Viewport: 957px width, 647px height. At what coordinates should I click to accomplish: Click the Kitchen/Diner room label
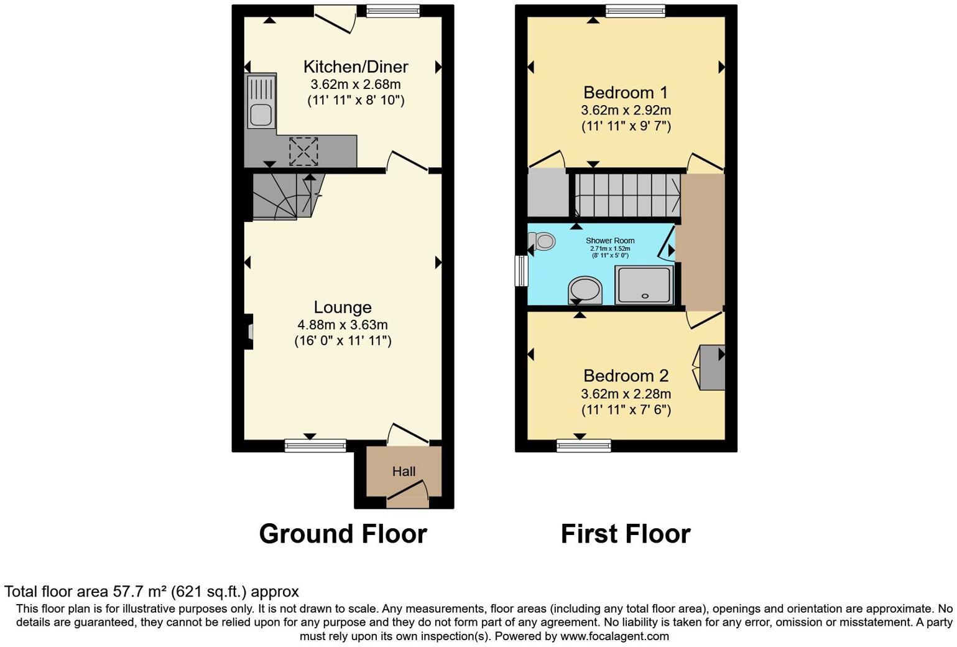[x=355, y=67]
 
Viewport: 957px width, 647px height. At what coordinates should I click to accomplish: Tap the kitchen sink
[x=261, y=114]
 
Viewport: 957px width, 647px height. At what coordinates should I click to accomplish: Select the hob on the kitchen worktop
[x=303, y=151]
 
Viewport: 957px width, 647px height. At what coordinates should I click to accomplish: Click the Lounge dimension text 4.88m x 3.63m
[x=342, y=325]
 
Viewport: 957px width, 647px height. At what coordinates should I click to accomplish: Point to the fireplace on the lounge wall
[x=249, y=332]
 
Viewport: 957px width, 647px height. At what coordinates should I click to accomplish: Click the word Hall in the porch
[x=404, y=472]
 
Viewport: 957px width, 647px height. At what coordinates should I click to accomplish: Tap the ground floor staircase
[x=281, y=197]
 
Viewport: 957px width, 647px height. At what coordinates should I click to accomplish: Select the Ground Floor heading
[x=343, y=534]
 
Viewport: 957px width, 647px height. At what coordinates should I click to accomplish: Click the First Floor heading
[x=626, y=534]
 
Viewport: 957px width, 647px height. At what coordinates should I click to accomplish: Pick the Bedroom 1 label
[x=625, y=93]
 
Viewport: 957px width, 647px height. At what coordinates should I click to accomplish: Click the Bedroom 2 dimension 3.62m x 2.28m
[x=626, y=394]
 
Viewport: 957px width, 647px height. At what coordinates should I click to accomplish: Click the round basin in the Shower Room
[x=585, y=290]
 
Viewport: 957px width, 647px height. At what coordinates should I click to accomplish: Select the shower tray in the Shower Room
[x=644, y=285]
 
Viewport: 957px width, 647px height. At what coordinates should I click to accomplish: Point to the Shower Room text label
[x=610, y=241]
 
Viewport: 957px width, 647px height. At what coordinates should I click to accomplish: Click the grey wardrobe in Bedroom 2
[x=712, y=368]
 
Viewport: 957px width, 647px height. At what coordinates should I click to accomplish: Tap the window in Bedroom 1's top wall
[x=635, y=11]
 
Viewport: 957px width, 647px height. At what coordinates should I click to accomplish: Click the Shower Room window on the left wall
[x=521, y=271]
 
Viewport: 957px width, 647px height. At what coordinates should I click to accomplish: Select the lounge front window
[x=315, y=445]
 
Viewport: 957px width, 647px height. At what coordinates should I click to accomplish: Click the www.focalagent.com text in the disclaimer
[x=614, y=636]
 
